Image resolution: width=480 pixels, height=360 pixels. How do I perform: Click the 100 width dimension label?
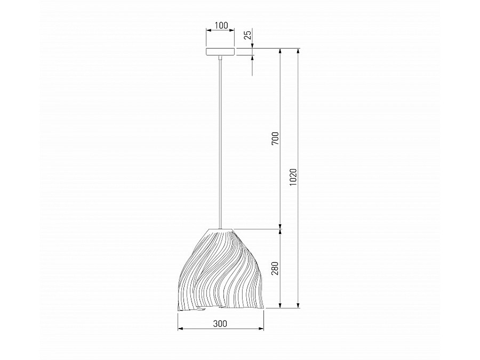tap(221, 25)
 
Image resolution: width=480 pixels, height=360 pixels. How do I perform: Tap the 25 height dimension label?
tap(247, 35)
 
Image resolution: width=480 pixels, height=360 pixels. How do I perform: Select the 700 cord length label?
tap(276, 138)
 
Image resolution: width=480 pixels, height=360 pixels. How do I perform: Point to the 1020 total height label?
tap(293, 177)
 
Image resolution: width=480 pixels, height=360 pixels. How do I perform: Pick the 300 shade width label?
tap(220, 323)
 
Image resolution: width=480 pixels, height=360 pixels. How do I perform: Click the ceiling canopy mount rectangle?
tap(220, 52)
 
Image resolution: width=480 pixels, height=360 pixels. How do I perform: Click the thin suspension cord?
tap(220, 143)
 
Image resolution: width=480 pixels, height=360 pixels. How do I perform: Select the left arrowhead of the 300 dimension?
tap(180, 329)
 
